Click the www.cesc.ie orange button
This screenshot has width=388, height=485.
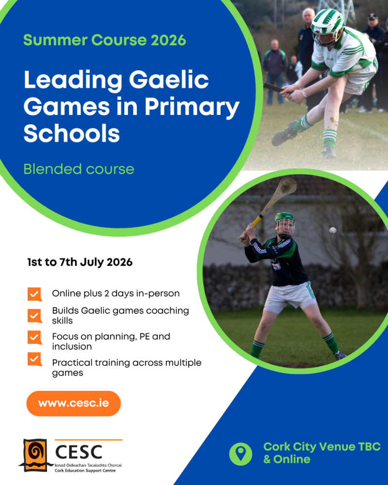[x=73, y=404]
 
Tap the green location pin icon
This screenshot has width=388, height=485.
[x=241, y=454]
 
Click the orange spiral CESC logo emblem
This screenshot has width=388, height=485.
[x=34, y=455]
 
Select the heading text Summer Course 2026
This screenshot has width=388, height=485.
[x=105, y=40]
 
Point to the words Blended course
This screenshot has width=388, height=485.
[x=79, y=169]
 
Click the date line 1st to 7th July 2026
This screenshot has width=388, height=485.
[x=80, y=262]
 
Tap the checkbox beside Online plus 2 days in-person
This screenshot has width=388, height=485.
[x=34, y=294]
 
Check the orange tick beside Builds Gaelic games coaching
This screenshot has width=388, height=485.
[x=34, y=316]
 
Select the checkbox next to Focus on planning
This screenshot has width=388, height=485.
[x=34, y=338]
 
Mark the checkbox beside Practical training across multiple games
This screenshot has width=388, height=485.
[x=34, y=359]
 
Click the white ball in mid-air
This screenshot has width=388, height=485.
[x=333, y=230]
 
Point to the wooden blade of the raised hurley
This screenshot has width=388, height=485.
[x=283, y=190]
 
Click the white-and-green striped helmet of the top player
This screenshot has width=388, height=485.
[x=327, y=26]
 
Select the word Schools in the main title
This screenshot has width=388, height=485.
[x=72, y=133]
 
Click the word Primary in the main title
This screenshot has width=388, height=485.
[x=192, y=107]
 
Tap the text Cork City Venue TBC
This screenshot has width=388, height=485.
[x=322, y=447]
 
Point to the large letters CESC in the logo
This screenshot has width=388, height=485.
[x=79, y=452]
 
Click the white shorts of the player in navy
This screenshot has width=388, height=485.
[x=289, y=297]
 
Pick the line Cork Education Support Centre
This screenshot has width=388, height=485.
[x=85, y=470]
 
